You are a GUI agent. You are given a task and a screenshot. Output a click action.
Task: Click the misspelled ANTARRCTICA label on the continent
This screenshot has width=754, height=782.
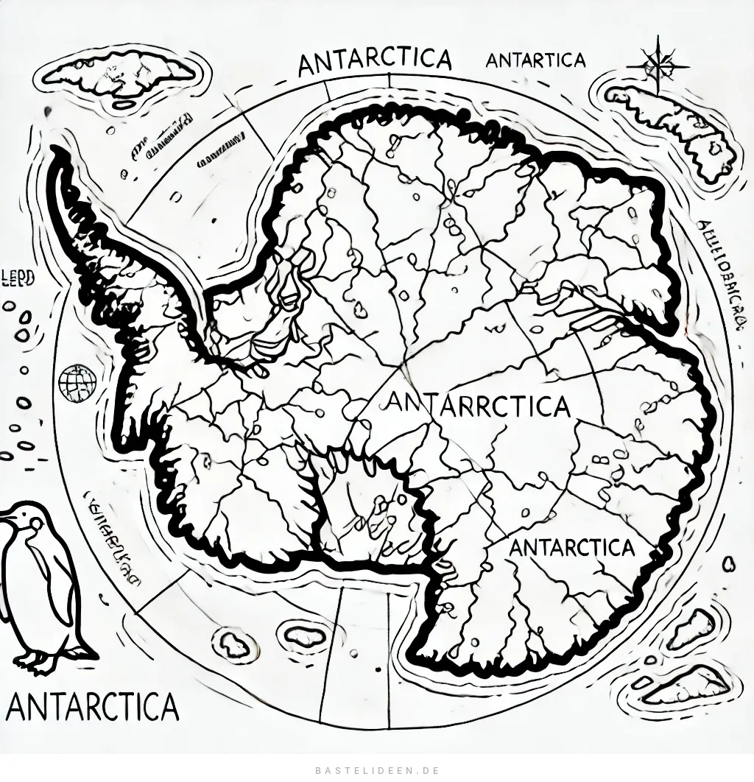point(477,404)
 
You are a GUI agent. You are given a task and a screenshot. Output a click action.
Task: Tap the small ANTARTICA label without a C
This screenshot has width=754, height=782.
point(535,60)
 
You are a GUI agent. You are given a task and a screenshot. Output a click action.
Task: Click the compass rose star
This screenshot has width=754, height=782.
point(653,63)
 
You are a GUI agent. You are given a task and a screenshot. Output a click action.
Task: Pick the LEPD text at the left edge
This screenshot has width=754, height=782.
point(18,276)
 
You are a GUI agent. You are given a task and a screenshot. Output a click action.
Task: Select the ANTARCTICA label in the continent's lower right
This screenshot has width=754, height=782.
point(571,548)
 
